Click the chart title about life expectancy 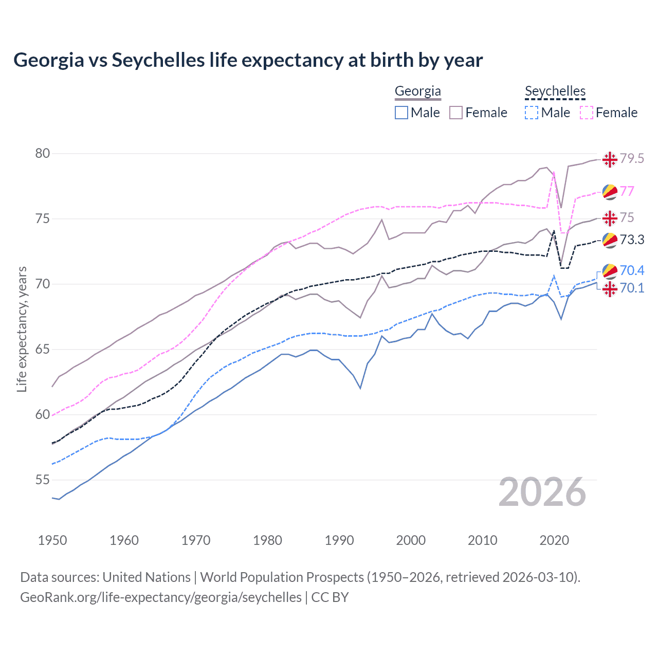coord(248,60)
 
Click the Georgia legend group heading coord(417,92)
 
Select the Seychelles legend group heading coord(555,92)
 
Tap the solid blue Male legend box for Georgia coord(401,113)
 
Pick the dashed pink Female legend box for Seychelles coord(587,113)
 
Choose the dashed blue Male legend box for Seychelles coord(532,113)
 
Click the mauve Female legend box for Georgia coord(456,113)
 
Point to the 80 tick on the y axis coord(43,153)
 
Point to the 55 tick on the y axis coord(43,480)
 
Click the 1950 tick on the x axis coord(52,540)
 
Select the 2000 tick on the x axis coord(411,540)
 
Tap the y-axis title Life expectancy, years coord(22,329)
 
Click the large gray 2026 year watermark coord(542,492)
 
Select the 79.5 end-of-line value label coord(632,159)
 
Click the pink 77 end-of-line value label coord(627,191)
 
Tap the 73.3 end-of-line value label coord(632,240)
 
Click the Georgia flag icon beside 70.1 coord(610,289)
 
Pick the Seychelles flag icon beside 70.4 coord(610,271)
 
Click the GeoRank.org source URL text coord(161,597)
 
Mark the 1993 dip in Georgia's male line coord(360,388)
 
